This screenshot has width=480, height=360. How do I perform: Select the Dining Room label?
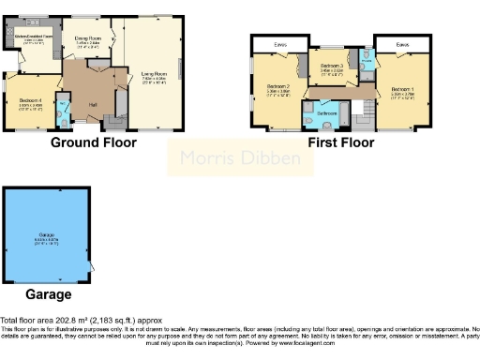point(87,38)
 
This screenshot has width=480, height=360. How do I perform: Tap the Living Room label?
point(155,73)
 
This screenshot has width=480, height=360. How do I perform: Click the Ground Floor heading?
point(93,143)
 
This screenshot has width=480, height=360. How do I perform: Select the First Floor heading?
point(341,143)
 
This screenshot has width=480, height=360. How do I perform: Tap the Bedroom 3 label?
point(332,66)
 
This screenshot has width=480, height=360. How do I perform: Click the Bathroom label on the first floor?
point(326,112)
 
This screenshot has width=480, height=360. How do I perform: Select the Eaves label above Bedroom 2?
point(280,43)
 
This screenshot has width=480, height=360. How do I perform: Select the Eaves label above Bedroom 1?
point(401,43)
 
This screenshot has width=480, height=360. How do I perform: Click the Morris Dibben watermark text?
point(239,158)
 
